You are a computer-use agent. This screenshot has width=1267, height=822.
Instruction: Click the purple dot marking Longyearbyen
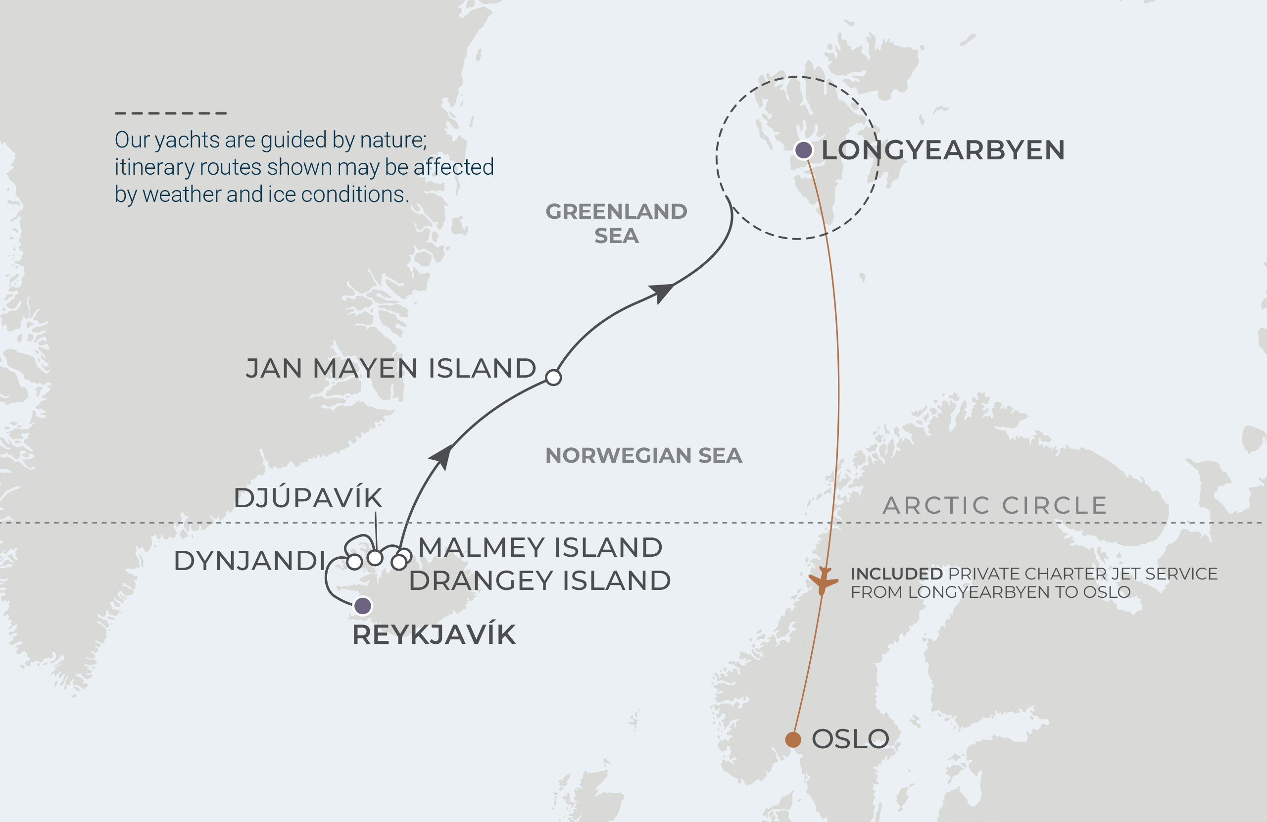point(803,150)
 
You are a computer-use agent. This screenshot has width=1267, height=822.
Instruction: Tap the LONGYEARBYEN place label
point(943,150)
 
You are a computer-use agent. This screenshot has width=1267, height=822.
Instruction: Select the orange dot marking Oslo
point(793,739)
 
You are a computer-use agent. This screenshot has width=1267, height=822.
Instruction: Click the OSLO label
point(850,739)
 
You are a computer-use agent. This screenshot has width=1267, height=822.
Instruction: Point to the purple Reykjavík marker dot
point(363,606)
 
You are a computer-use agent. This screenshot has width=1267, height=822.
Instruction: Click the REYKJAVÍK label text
point(434,635)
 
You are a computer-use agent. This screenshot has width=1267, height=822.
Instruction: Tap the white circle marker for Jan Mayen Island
point(554,378)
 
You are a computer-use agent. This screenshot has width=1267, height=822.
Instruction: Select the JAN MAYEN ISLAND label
point(391,368)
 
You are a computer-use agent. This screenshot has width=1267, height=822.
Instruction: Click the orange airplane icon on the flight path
point(823,580)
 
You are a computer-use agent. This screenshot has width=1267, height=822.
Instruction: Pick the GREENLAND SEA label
point(617,224)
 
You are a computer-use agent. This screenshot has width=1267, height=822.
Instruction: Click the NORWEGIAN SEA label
point(643,456)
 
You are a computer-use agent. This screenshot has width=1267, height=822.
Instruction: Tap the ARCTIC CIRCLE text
point(995,505)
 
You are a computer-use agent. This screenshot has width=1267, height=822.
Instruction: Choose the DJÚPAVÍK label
point(308,498)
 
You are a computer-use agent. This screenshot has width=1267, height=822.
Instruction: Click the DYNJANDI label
point(249,561)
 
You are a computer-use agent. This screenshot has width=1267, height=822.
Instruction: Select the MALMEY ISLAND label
point(540,547)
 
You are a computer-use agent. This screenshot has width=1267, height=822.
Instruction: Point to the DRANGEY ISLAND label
point(540,580)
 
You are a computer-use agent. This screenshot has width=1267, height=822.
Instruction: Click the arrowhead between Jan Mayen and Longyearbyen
point(661,292)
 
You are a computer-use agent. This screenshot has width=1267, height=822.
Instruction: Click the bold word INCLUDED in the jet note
point(896,574)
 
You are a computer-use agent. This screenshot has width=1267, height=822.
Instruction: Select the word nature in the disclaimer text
point(393,140)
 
